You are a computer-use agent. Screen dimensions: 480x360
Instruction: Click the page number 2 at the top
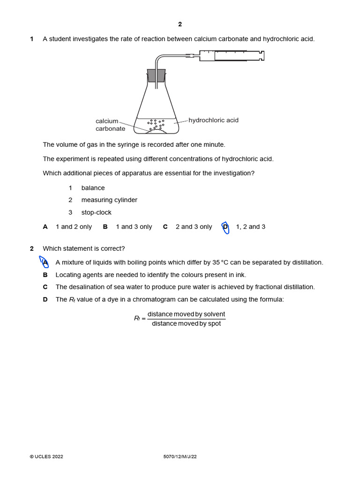pos(180,24)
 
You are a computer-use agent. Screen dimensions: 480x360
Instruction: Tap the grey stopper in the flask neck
pos(156,75)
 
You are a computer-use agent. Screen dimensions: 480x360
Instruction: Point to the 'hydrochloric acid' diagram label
pos(213,120)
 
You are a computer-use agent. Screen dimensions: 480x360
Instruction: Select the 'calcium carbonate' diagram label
pos(110,125)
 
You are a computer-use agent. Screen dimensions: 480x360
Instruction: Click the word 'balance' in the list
pos(93,188)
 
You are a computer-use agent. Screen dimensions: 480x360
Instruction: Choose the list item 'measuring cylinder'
pos(109,200)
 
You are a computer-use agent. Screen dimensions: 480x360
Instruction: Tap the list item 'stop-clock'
pos(96,212)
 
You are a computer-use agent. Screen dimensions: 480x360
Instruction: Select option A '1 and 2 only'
pos(74,227)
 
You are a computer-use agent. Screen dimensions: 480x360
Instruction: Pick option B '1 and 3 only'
pos(134,227)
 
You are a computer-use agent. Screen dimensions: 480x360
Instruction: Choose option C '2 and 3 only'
pos(194,227)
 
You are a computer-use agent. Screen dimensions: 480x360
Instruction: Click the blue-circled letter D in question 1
pos(225,227)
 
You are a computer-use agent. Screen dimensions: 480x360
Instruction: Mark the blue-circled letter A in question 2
pos(45,262)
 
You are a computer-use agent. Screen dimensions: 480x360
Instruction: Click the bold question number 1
pos(32,39)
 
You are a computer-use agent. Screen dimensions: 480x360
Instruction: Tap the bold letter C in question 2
pos(45,287)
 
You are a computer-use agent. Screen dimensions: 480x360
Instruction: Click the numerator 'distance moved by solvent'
pos(186,314)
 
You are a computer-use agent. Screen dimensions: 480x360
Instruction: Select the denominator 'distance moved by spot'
pos(186,324)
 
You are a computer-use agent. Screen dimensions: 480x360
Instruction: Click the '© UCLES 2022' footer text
pos(46,457)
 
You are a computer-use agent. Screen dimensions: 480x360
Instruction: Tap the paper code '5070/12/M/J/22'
pos(180,457)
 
